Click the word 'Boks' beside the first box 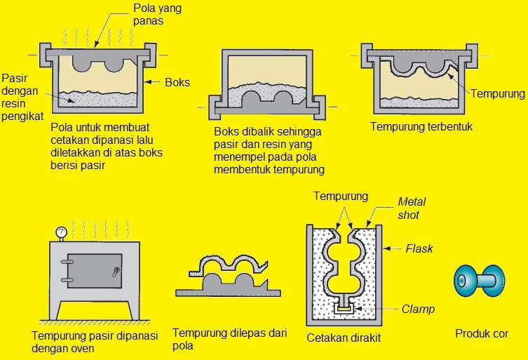click(x=177, y=82)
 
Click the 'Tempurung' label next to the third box click(x=498, y=93)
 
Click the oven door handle click(x=116, y=269)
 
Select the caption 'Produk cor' click(x=482, y=334)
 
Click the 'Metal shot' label click(x=412, y=208)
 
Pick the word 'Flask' click(x=419, y=248)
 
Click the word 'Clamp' click(x=419, y=309)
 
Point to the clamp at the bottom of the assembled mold click(x=344, y=307)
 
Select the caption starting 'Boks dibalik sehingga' click(x=270, y=151)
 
